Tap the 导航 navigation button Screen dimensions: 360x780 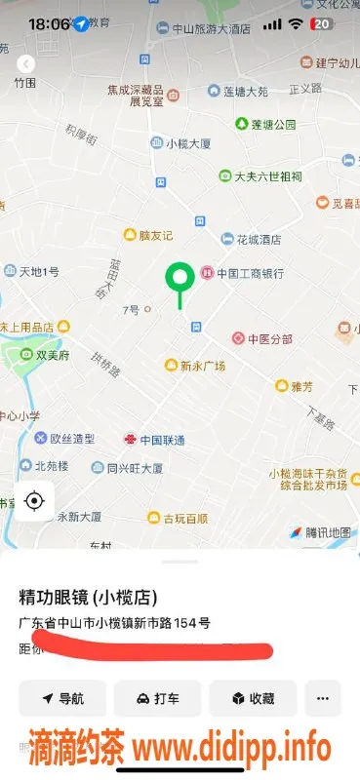[62, 699]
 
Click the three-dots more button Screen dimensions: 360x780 [323, 699]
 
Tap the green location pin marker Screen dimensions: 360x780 [179, 281]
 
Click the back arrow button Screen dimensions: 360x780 [25, 63]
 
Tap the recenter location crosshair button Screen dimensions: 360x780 [34, 501]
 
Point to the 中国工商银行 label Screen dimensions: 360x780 [249, 273]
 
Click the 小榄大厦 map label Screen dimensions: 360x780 [187, 143]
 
